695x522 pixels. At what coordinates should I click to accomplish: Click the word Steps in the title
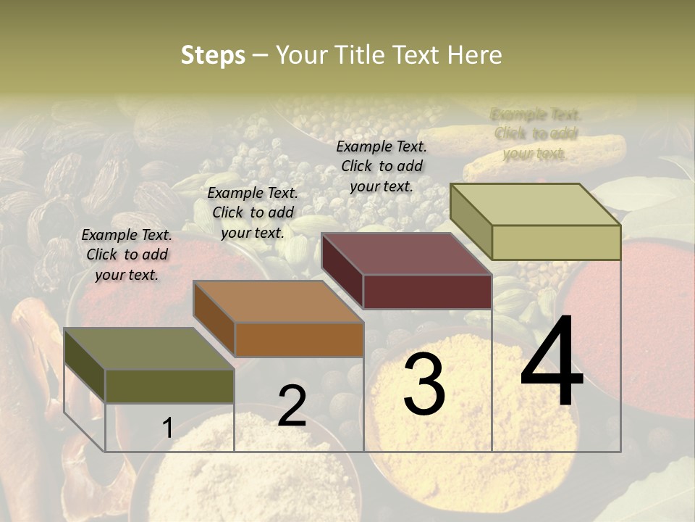coord(213,55)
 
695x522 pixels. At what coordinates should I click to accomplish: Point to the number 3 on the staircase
coord(424,384)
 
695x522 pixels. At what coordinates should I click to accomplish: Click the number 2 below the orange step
coord(292,406)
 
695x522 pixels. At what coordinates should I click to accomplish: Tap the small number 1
coord(167,428)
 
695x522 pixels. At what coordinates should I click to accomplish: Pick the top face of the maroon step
coord(406,254)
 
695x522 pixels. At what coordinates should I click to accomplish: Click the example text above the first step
coord(127,254)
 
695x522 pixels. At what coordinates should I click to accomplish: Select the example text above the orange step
coord(253,212)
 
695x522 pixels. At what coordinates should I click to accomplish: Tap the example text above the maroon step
coord(382,166)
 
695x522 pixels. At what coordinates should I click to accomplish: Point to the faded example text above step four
coord(536,133)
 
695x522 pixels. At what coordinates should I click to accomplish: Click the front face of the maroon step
coord(427,291)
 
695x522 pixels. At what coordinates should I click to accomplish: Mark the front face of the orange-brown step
coord(299,339)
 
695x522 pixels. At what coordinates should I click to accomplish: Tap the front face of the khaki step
coord(556,242)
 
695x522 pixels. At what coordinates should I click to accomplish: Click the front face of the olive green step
coord(169,386)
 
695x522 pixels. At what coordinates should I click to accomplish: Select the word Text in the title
coord(418,55)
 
